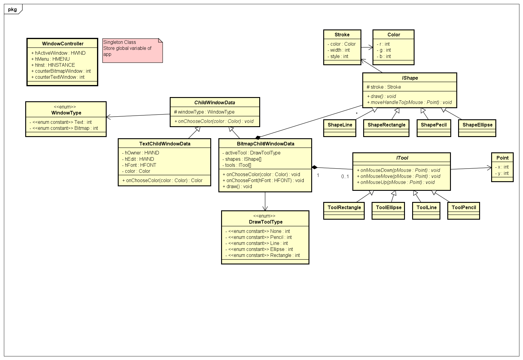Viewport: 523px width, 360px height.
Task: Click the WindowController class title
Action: pos(62,44)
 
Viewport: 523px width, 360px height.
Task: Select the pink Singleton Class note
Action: pos(132,50)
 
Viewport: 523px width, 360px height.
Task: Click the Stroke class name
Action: pos(342,35)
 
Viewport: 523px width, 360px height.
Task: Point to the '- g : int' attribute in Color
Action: pos(384,50)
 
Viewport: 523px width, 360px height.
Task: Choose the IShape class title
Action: pos(410,78)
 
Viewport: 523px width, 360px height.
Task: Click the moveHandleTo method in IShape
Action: pos(409,102)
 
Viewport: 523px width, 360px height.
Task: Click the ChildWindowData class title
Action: pos(214,103)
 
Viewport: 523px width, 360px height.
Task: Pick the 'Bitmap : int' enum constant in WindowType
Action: pos(65,128)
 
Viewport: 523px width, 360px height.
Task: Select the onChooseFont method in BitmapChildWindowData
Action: pos(263,180)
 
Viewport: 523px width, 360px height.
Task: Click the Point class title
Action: pos(502,158)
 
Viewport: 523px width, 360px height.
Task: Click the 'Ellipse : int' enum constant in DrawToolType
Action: pos(260,249)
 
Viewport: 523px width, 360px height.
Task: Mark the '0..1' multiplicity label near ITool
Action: pos(345,177)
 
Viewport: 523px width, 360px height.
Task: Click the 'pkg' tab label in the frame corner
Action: pos(13,10)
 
